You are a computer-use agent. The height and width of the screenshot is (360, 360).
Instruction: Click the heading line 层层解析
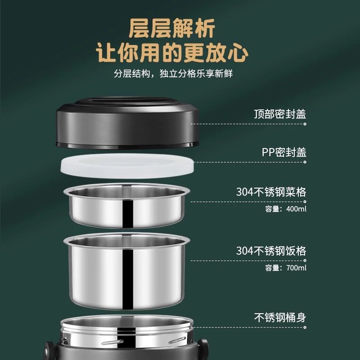[172, 28]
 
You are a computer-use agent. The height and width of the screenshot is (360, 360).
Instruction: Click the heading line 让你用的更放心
[172, 53]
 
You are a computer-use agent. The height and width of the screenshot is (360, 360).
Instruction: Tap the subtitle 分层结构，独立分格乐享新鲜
[173, 74]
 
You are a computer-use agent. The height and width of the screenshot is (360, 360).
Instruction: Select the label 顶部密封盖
[280, 114]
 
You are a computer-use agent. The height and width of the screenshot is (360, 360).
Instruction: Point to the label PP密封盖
[284, 152]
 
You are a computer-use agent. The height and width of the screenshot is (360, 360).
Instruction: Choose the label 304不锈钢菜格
[271, 192]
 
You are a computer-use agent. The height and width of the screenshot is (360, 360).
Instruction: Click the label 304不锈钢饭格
[271, 251]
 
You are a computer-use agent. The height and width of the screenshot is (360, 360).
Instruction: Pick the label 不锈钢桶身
[280, 318]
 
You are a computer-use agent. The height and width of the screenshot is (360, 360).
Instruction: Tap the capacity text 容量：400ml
[286, 209]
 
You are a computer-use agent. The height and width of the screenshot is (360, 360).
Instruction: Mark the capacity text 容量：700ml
[286, 268]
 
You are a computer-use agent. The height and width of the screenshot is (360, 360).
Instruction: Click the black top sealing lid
[127, 123]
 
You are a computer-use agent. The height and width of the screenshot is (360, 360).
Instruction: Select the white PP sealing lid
[127, 166]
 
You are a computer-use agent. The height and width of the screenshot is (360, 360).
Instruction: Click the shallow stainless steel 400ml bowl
[127, 206]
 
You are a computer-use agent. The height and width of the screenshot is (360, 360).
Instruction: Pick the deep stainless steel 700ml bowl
[127, 271]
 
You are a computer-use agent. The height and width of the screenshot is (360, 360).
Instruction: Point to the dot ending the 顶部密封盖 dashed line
[305, 124]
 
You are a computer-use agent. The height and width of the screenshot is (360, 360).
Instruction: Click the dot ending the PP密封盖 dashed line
[305, 162]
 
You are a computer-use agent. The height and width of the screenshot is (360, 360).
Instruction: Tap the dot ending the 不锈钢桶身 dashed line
[305, 328]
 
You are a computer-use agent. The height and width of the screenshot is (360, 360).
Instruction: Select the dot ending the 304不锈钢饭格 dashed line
[305, 261]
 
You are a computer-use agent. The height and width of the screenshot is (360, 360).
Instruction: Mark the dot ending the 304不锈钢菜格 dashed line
[305, 202]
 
